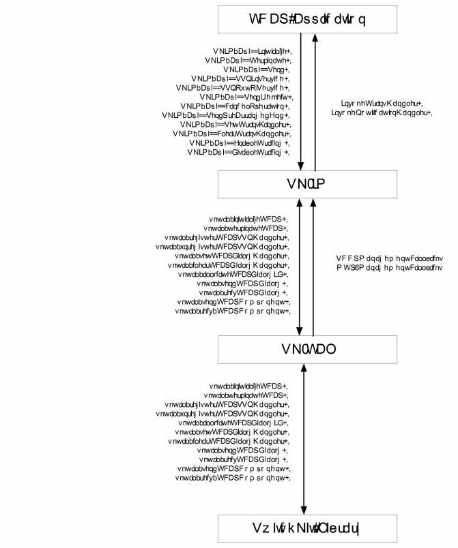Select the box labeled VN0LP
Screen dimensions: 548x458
click(306, 183)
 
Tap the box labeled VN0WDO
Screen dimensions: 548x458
click(306, 349)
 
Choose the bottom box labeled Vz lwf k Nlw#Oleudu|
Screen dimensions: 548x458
click(306, 529)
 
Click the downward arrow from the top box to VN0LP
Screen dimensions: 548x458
click(302, 102)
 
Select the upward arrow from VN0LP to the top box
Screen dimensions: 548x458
click(314, 102)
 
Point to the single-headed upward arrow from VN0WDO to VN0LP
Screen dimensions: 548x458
click(313, 266)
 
